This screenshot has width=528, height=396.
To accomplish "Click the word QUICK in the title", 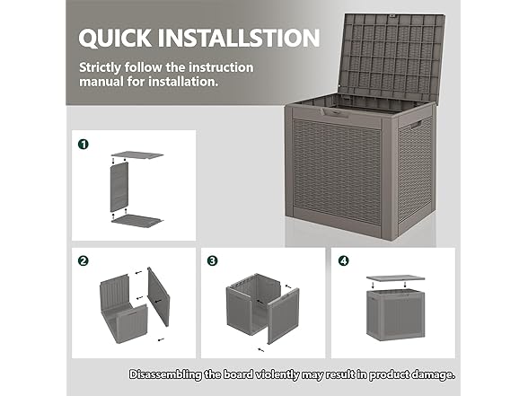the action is (x=115, y=38).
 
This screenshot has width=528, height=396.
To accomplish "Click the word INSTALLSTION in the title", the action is (x=239, y=38).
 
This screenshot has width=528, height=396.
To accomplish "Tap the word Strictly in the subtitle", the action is (x=100, y=67).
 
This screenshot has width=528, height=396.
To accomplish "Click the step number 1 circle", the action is (x=84, y=144).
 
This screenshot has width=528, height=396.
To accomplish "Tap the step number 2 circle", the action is (x=84, y=260).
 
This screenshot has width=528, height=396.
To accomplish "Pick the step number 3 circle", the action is (x=213, y=260).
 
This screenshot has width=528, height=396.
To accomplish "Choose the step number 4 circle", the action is (x=343, y=260).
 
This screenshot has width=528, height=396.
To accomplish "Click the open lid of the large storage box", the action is (x=392, y=57).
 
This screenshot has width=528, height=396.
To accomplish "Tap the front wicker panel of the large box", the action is (x=337, y=170).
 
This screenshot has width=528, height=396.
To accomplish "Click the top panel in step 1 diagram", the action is (x=137, y=155).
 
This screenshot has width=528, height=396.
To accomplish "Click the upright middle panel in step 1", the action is (x=119, y=187).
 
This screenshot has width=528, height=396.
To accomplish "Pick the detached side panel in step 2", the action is (x=159, y=297).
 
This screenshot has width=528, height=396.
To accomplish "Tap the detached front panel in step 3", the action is (x=284, y=315).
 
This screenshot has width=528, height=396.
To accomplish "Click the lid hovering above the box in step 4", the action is (x=396, y=278).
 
